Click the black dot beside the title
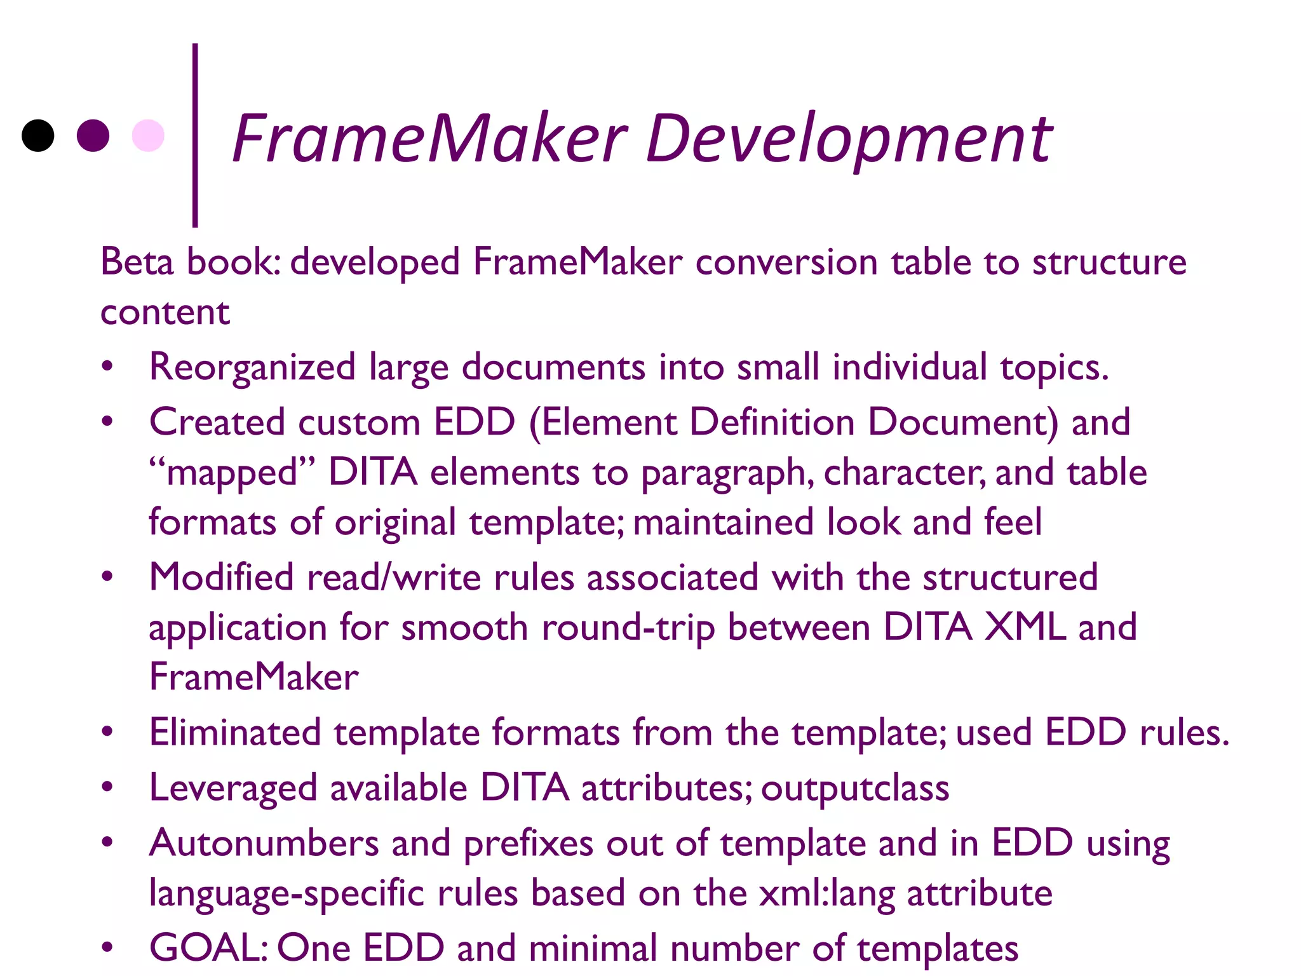[38, 135]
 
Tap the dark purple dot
[93, 135]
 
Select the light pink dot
[148, 135]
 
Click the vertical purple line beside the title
[195, 135]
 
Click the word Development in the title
[849, 139]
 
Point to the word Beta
[137, 262]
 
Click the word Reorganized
[252, 367]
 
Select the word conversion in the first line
[786, 262]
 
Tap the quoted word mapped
[232, 473]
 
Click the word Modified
[221, 578]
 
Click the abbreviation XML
[1025, 627]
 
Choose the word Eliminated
[235, 732]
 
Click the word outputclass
[855, 788]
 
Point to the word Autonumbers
[264, 843]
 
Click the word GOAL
[207, 948]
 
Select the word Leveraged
[233, 789]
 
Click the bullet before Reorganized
[107, 367]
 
